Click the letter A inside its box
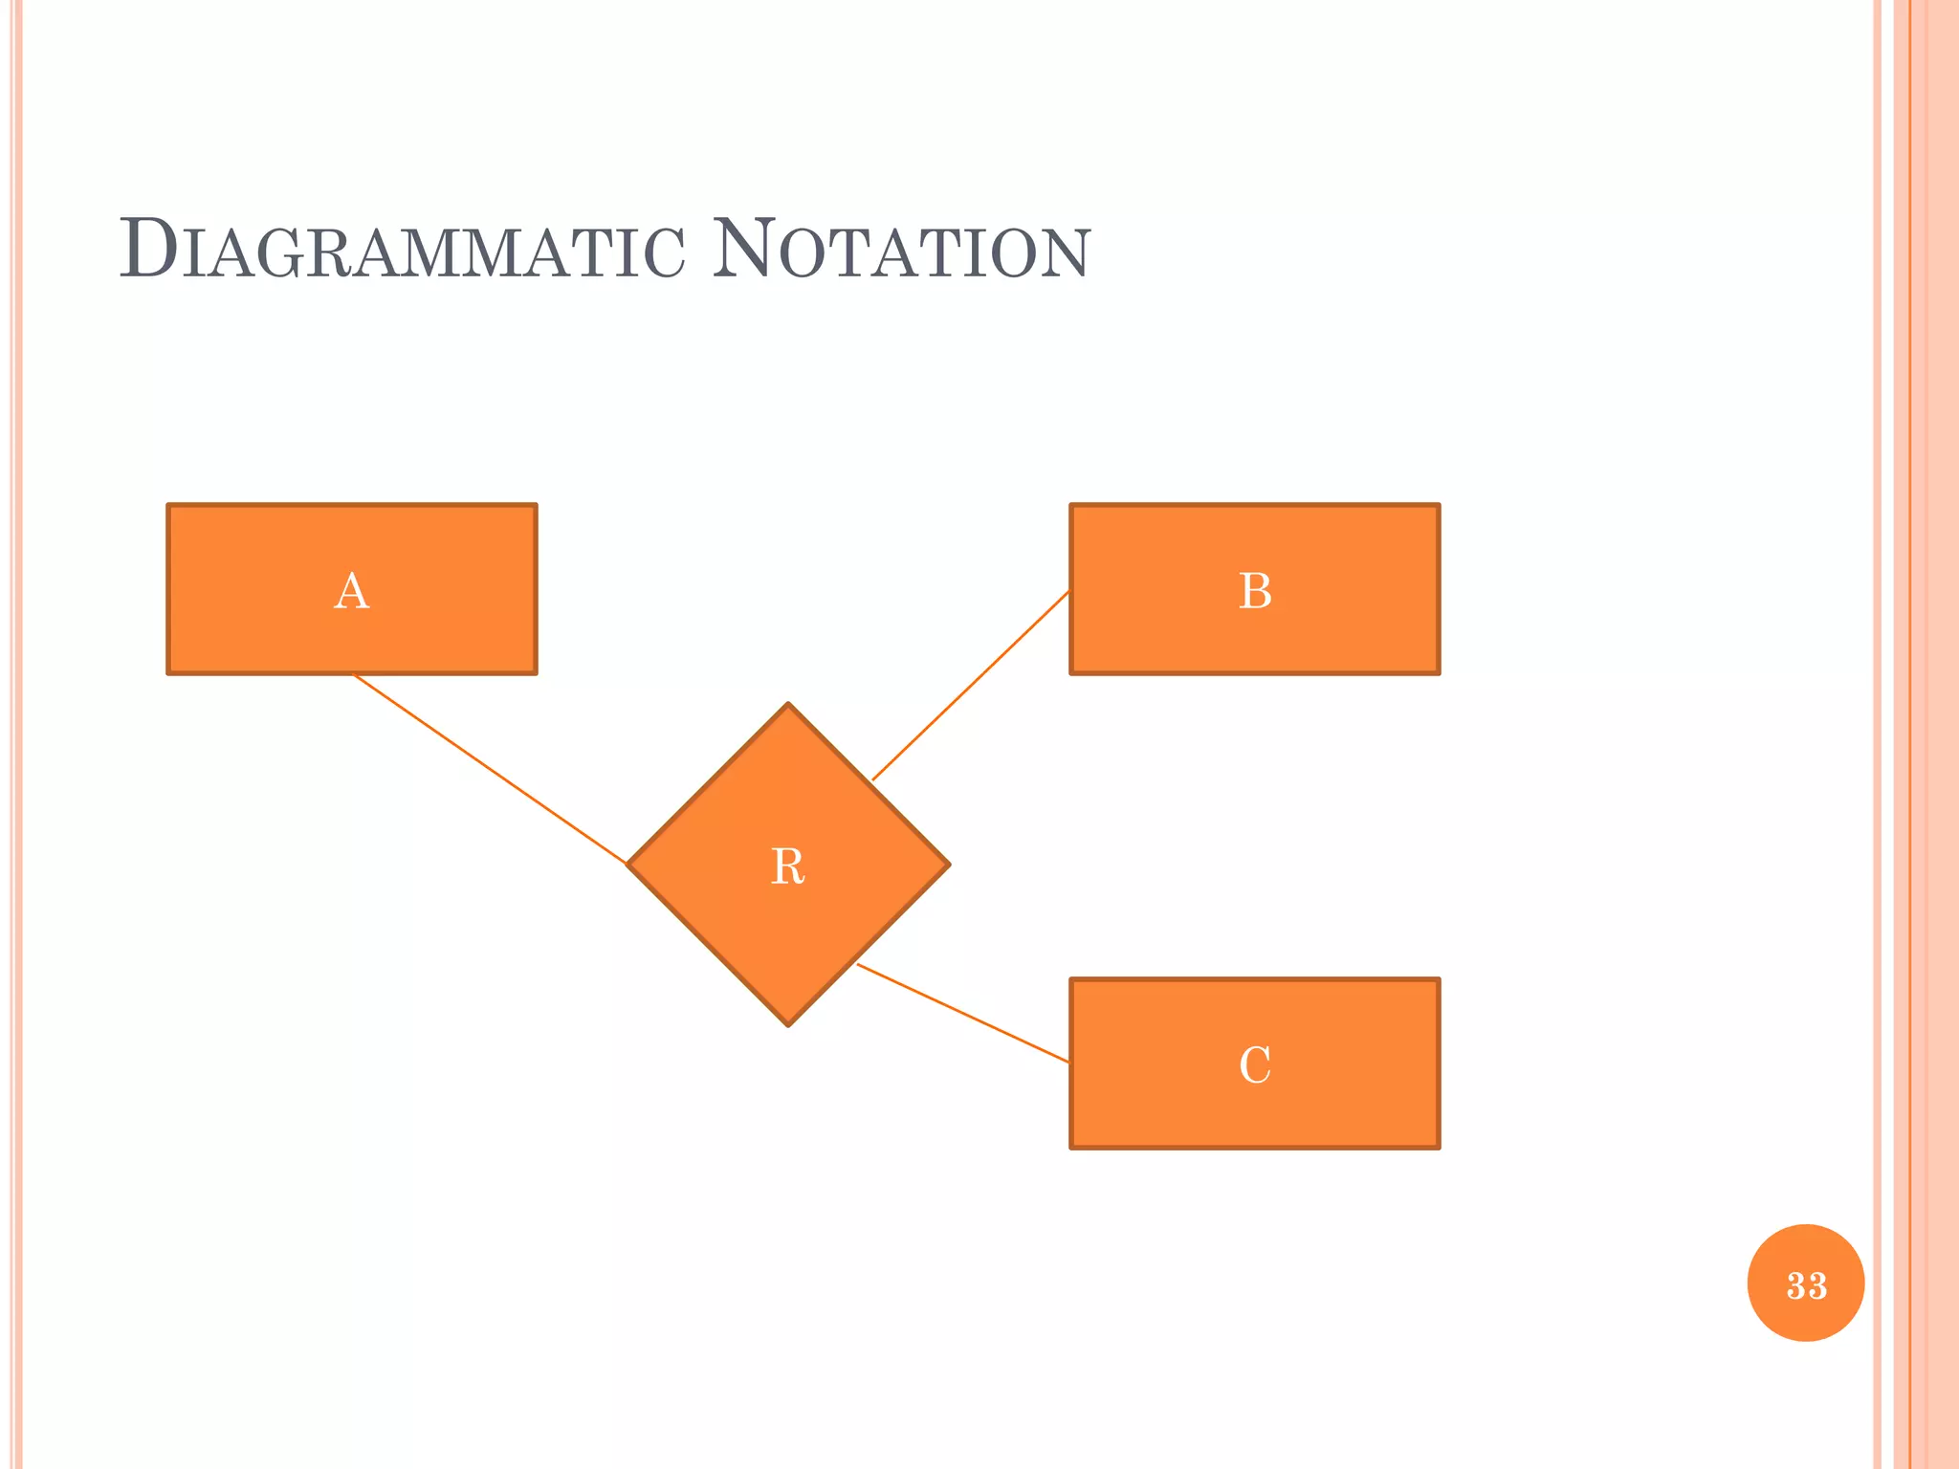[x=352, y=591]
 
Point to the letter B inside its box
[x=1255, y=591]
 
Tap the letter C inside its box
[x=1255, y=1064]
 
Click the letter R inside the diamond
[x=787, y=867]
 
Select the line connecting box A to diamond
[x=490, y=770]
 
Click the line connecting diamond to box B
[x=971, y=685]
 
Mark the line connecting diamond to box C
[x=962, y=1013]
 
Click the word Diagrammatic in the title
[x=402, y=251]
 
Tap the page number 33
[x=1806, y=1284]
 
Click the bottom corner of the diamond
[x=788, y=1023]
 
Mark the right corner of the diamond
[x=946, y=865]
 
